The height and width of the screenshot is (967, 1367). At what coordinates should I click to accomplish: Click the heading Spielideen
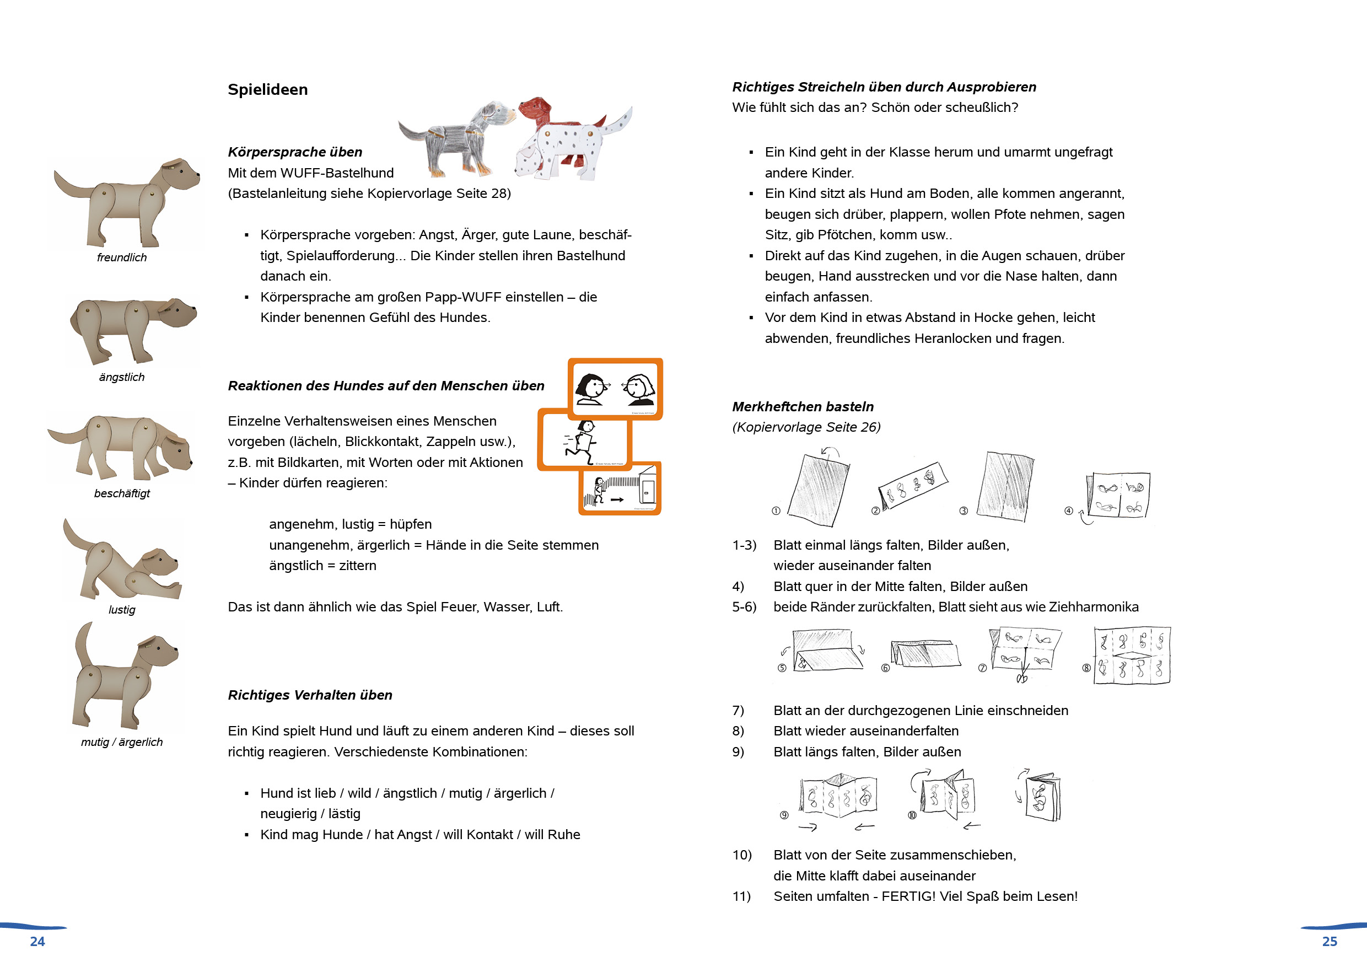click(267, 89)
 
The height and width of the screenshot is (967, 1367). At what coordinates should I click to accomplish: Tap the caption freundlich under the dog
click(121, 257)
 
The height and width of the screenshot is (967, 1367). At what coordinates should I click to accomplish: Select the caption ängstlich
click(121, 377)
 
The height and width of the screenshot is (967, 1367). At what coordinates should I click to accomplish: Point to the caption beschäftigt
click(121, 493)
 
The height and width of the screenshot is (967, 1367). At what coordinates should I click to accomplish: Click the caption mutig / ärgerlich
click(121, 742)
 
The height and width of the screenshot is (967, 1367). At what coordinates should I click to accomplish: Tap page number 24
click(37, 942)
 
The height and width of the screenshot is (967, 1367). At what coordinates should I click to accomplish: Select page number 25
click(1330, 942)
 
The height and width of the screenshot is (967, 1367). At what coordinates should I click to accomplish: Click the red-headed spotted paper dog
click(572, 140)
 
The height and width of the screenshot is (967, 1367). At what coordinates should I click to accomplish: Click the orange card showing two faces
click(615, 388)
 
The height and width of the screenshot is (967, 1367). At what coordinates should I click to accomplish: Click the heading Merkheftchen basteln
click(803, 407)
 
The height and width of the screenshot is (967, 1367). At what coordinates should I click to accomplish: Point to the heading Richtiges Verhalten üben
click(310, 695)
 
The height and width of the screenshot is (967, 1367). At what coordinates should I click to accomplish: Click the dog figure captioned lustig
click(122, 563)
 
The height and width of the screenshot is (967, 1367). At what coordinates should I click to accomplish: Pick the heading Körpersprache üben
click(295, 152)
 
